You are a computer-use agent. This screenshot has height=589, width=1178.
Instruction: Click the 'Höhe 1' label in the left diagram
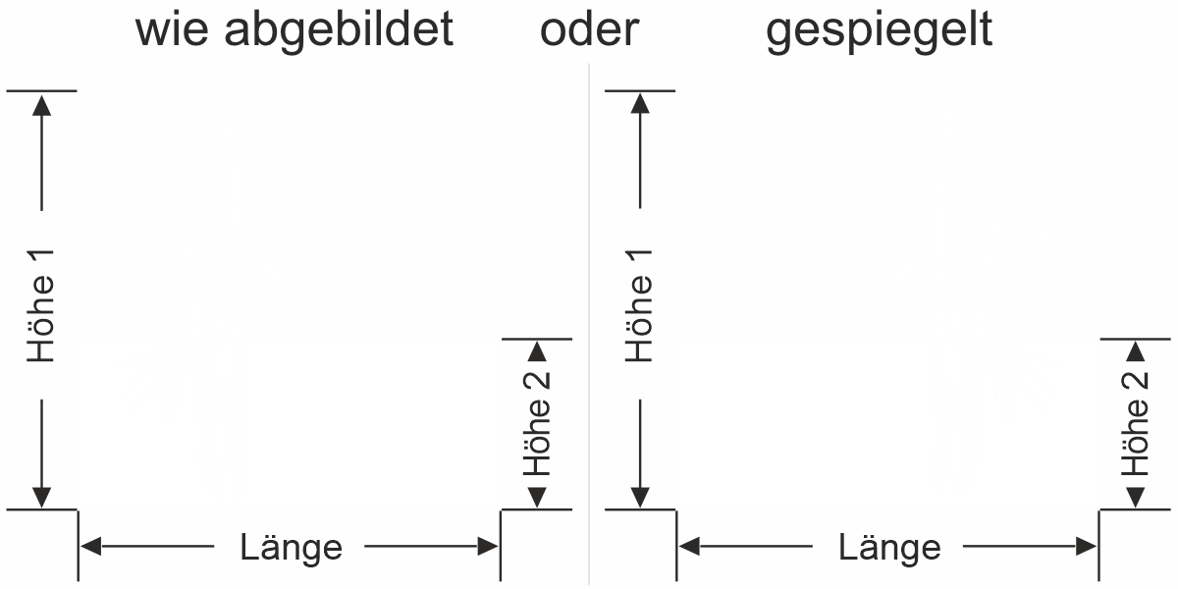point(41,303)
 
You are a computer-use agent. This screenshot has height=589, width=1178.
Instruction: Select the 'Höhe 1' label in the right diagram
point(640,303)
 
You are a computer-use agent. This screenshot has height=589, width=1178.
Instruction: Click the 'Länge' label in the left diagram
point(292,547)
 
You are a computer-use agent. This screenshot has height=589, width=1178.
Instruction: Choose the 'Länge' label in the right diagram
point(889,547)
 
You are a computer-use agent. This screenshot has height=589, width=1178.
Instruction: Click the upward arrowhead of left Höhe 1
point(41,102)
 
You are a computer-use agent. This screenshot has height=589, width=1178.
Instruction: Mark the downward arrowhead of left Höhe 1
point(41,498)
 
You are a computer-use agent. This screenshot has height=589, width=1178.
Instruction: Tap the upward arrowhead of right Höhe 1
point(640,102)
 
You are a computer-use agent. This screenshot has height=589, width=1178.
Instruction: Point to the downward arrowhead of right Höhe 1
point(640,498)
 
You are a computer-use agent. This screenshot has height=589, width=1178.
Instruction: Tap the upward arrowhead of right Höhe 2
point(1135,350)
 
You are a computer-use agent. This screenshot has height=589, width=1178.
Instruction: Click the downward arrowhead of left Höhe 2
point(536,499)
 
